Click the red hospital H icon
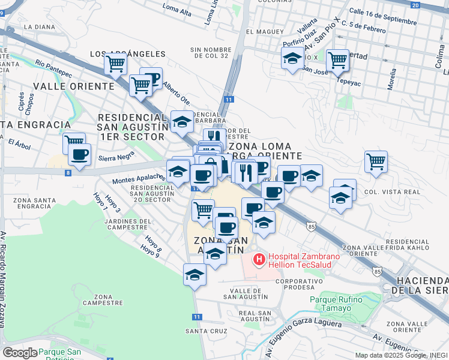259,259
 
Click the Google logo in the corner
20,352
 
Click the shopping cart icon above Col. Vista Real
376,160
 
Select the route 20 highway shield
415,4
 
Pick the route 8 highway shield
68,173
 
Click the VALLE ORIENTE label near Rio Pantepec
74,86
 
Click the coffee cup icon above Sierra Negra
79,155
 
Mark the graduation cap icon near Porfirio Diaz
292,58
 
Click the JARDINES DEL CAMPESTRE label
127,224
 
